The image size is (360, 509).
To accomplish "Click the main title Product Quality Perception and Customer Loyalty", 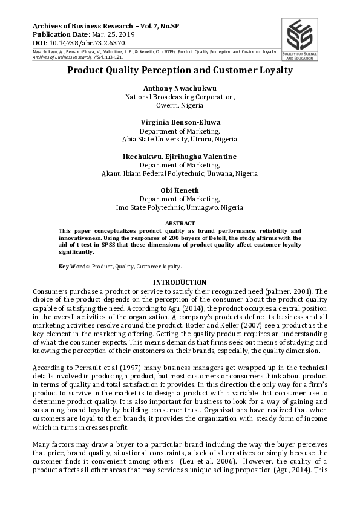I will [x=180, y=70].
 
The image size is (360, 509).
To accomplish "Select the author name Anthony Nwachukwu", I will [x=180, y=88].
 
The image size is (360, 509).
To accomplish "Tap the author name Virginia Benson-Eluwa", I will [x=180, y=122].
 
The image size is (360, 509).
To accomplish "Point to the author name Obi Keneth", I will [x=180, y=190].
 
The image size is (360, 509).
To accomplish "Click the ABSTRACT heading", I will [x=180, y=223].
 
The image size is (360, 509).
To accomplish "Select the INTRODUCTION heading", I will [x=180, y=282].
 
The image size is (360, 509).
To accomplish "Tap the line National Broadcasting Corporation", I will [x=180, y=97].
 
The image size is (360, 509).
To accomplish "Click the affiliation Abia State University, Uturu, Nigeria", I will [x=180, y=139].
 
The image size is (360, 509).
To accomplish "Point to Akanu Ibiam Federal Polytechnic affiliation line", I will [x=180, y=173].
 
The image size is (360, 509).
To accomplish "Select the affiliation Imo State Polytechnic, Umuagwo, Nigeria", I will [x=180, y=207].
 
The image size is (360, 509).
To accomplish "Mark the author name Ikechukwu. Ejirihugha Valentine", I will [x=180, y=157].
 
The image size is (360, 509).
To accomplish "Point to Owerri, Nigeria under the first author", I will [x=180, y=105].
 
